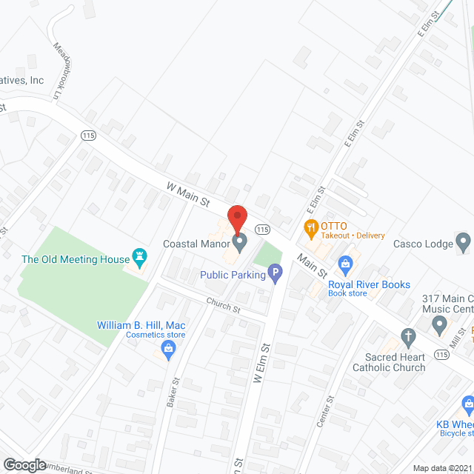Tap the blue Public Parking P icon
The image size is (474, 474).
(275, 276)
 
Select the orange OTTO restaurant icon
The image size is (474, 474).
(310, 227)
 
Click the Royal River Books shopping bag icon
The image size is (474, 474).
(344, 263)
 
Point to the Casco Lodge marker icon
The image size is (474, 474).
(464, 241)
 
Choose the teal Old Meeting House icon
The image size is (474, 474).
(138, 256)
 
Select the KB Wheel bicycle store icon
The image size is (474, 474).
(468, 404)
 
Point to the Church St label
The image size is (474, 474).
(224, 304)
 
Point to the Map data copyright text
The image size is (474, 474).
(442, 468)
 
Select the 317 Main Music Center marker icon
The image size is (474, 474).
(439, 324)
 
